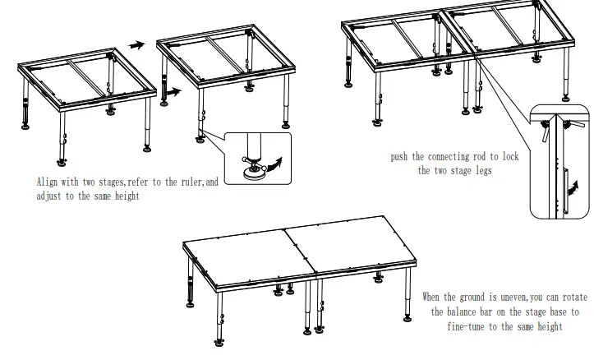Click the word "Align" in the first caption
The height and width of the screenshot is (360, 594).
click(x=48, y=182)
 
